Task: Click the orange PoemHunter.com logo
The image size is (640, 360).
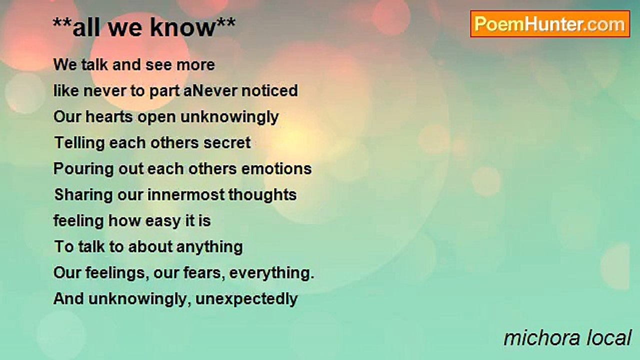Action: click(x=550, y=24)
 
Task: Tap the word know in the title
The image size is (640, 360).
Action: click(x=183, y=27)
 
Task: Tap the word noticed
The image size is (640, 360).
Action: click(x=269, y=91)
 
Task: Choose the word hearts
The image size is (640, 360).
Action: click(x=109, y=117)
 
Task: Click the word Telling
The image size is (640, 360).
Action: click(x=79, y=143)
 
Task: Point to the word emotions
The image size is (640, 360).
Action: click(x=276, y=169)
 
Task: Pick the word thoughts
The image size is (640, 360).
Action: click(x=262, y=195)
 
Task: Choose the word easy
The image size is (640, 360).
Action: click(x=163, y=221)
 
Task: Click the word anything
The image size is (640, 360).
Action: click(x=209, y=247)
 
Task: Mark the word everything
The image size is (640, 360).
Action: click(x=271, y=273)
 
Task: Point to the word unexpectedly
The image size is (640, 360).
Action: click(x=246, y=299)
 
